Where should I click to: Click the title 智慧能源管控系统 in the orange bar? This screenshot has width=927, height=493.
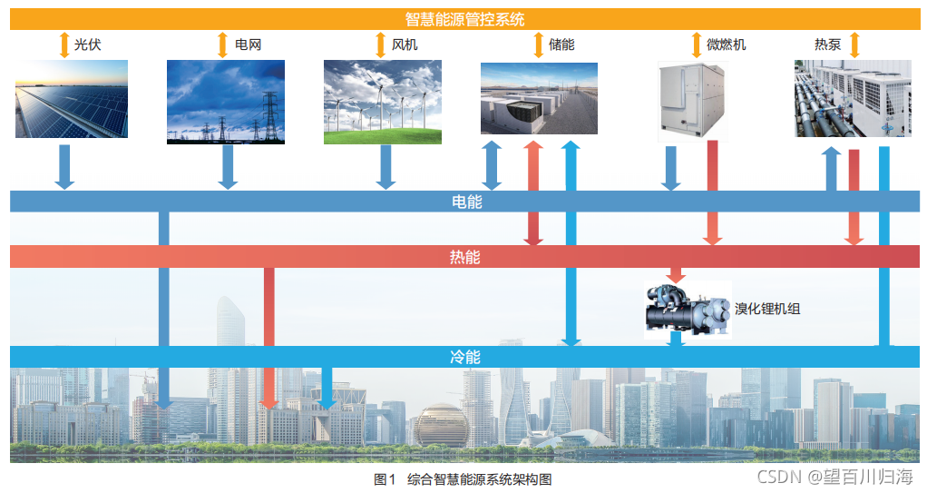[463, 19]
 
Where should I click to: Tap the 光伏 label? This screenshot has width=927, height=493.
[88, 44]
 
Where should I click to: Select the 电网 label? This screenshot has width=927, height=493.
[248, 44]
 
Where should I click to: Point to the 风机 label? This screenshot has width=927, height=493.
[405, 44]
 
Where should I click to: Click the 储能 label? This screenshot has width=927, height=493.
[561, 44]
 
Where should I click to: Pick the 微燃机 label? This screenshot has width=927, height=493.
[726, 44]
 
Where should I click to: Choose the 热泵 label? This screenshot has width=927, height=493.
[827, 44]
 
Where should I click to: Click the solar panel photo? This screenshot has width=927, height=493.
[72, 99]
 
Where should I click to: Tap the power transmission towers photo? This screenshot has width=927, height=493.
[226, 102]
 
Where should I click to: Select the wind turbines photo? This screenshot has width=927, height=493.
[383, 102]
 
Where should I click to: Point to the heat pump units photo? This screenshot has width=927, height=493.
[853, 98]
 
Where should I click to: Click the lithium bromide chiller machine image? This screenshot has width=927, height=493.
[687, 309]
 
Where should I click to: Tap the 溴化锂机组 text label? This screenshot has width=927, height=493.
[767, 309]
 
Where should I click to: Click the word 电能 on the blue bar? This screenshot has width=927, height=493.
[465, 202]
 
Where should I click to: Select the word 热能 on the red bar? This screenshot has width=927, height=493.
[465, 257]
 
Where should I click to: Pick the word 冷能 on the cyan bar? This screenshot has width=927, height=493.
[465, 357]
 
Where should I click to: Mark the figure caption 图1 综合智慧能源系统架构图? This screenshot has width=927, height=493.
[463, 478]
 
